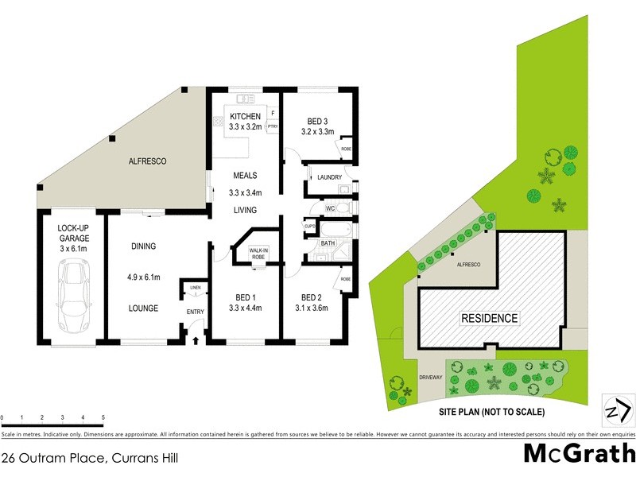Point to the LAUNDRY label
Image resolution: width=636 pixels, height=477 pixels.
coord(329,177)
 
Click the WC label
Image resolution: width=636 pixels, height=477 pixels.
coord(330,208)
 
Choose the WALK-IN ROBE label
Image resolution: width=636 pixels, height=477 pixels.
coord(259,254)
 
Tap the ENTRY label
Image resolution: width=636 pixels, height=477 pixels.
coord(195,312)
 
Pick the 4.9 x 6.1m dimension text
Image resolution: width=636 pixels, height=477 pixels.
coord(144,277)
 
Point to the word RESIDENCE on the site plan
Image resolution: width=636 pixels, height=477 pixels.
coord(490,319)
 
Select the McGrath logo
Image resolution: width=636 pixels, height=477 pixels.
coord(580,453)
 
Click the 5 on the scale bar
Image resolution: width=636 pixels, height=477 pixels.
coord(103,417)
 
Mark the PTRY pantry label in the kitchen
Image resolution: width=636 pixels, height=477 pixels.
coord(272,126)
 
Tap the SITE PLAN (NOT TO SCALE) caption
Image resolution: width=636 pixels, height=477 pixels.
coord(492,412)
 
